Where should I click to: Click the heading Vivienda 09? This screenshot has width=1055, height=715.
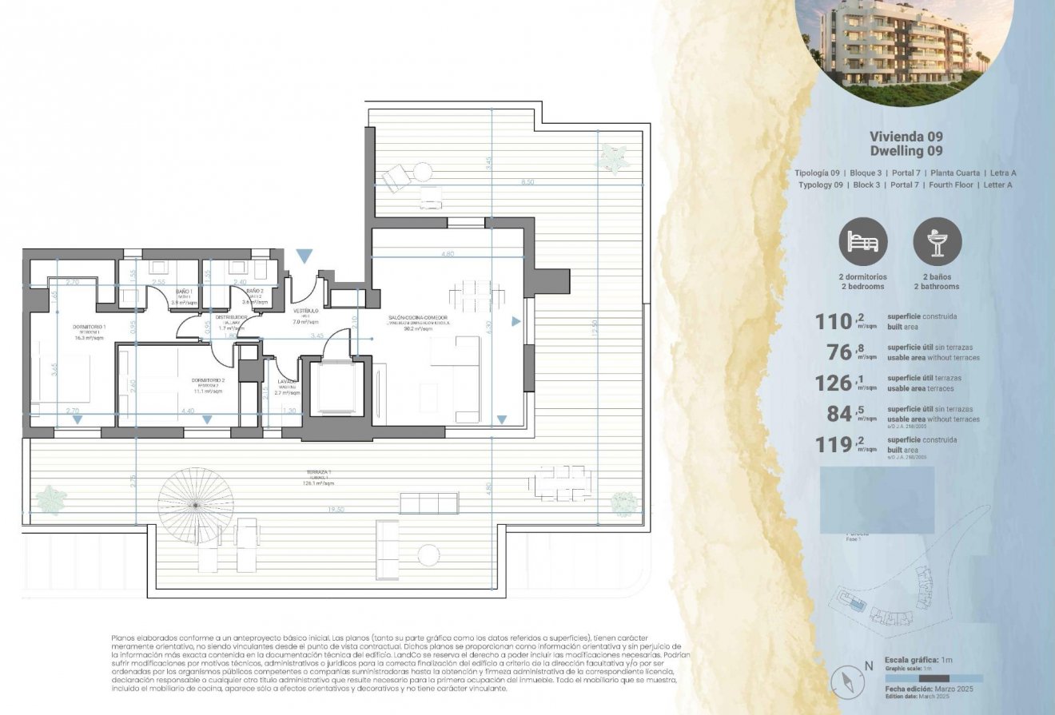[906, 137]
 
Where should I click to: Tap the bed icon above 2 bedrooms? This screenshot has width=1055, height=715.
[862, 242]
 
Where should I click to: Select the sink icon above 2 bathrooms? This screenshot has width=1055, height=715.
[937, 242]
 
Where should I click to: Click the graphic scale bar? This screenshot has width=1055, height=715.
[934, 678]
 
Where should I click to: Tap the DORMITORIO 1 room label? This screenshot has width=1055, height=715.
[89, 327]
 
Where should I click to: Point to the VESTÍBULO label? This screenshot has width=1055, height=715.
[306, 310]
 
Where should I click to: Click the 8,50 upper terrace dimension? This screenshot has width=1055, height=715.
[527, 182]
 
